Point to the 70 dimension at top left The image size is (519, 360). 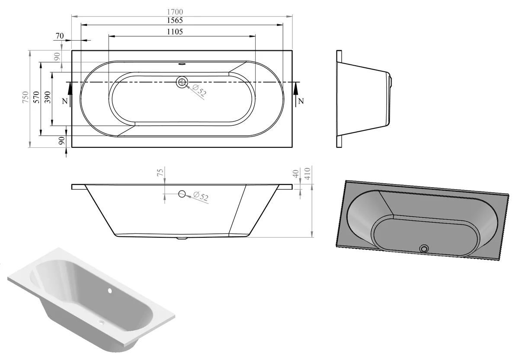tap(60, 35)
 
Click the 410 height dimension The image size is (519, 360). tap(308, 174)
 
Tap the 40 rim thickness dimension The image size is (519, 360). tap(296, 174)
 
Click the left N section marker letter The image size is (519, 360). tap(64, 101)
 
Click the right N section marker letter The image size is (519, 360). tap(301, 101)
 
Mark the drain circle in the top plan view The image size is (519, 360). tap(182, 82)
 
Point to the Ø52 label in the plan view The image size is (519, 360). tap(199, 91)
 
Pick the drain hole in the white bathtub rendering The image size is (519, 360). tap(102, 322)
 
